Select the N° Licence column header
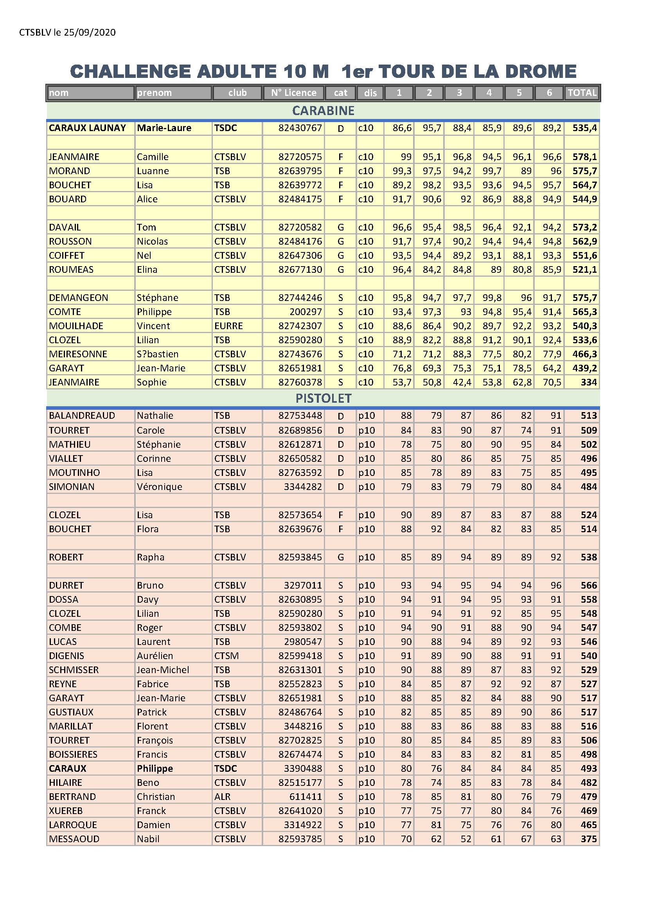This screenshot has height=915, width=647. tap(294, 93)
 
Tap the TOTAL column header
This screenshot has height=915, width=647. tap(582, 93)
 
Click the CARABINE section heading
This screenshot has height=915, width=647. tap(323, 111)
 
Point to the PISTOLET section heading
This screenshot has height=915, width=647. tap(323, 398)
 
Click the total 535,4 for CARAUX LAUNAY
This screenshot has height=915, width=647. tap(584, 128)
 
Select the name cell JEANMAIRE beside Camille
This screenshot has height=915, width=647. tap(74, 157)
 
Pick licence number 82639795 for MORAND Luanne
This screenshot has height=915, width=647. tap(300, 171)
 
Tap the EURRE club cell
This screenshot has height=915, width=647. tap(228, 326)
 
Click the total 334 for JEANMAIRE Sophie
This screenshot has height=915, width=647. tap(588, 382)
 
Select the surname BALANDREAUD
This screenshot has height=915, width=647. tap(82, 416)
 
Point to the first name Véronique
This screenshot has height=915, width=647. tap(159, 486)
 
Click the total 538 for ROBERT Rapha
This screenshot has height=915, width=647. tap(588, 557)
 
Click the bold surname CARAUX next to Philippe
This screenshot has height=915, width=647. tap(67, 768)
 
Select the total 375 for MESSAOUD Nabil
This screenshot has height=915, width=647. tap(588, 839)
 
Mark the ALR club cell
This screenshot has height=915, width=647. tap(222, 797)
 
